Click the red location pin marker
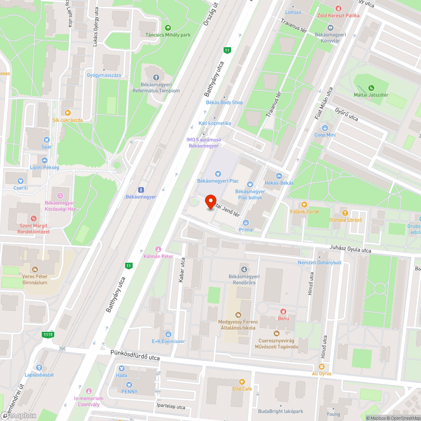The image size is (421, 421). (x=210, y=202)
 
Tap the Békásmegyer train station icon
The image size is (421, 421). (x=141, y=189)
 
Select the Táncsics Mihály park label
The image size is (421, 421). (x=168, y=35)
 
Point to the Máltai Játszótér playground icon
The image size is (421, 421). (x=371, y=88)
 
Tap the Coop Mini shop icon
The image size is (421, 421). (x=325, y=128)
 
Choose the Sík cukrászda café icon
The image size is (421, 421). (x=67, y=112)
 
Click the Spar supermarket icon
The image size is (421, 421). (x=46, y=139)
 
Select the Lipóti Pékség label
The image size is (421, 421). (x=44, y=168)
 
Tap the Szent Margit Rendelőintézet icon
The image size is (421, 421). (x=34, y=218)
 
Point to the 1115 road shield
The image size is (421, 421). (x=48, y=334)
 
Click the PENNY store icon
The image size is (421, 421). (x=129, y=384)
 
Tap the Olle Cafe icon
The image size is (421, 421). (x=242, y=381)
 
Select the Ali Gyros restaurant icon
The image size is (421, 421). (x=321, y=366)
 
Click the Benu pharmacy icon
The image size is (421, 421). (x=283, y=312)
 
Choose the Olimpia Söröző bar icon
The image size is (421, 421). (x=345, y=213)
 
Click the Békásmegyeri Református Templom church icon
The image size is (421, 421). (x=156, y=77)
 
